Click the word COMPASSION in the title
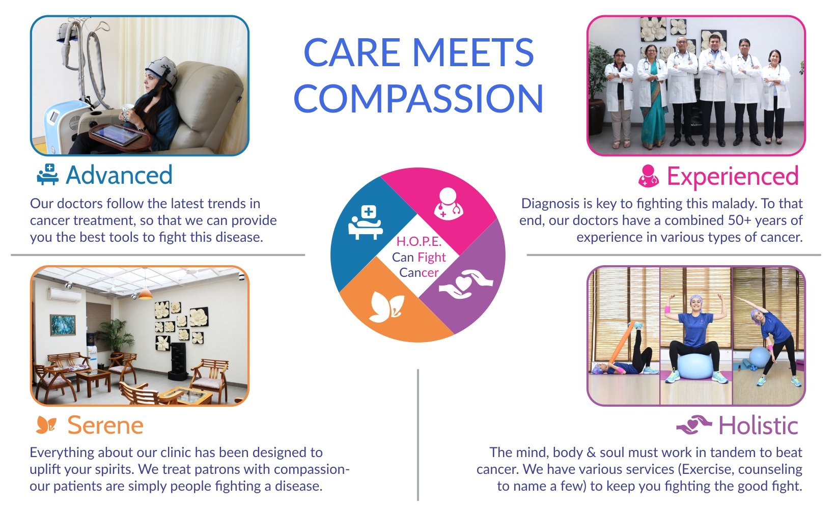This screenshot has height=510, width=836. pos(419,98)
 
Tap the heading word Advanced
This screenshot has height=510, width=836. pos(119,175)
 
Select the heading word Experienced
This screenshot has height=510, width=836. pos(733,177)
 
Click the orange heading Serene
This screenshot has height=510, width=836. pos(105,426)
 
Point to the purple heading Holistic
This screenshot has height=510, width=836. pos(759,426)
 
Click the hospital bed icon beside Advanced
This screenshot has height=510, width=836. pos(48,174)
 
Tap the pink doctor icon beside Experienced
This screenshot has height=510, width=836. pos(648,176)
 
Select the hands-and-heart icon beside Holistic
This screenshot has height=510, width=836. pos(694,425)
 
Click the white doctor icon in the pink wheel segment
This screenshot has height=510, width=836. pos(448,204)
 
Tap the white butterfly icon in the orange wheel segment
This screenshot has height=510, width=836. pos(386,307)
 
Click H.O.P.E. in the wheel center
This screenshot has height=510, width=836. pos(419,242)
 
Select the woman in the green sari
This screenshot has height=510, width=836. pos(652,96)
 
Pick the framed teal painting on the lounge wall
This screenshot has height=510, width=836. pos(63,325)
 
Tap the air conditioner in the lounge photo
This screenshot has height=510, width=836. pos(64,295)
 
